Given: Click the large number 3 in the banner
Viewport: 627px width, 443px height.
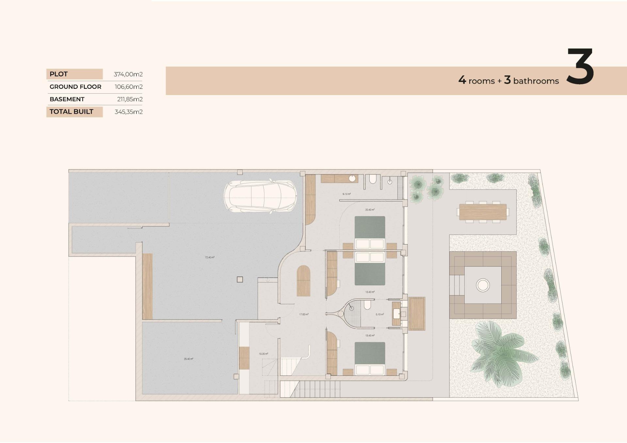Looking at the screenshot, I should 580,67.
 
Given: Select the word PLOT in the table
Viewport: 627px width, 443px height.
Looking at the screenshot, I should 58,74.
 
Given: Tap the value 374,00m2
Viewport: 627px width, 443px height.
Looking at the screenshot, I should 128,74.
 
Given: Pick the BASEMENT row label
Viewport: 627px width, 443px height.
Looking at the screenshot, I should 67,99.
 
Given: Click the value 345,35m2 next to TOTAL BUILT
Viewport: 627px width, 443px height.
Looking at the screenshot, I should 128,112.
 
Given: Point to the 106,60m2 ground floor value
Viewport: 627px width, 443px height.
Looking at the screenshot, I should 128,87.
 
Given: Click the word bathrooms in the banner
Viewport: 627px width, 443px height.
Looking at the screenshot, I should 536,81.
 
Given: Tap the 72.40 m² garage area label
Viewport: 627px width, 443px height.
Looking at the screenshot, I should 209,257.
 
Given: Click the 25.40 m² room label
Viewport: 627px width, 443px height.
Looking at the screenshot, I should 188,359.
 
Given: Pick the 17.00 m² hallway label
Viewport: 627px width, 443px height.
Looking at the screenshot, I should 304,314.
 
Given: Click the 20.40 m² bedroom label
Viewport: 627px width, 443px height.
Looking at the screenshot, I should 370,210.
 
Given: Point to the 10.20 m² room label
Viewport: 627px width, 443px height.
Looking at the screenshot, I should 263,354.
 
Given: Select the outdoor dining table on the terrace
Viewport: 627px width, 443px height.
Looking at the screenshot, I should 483,212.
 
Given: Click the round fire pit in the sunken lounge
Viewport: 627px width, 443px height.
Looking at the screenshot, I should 483,285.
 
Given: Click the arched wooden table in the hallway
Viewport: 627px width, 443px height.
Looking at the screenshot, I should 303,281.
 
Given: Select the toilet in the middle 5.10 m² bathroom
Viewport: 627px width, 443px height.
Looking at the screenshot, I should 367,305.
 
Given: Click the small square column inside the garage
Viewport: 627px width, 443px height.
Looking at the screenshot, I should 240,279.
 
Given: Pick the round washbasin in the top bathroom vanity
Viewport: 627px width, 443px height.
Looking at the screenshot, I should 352,179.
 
